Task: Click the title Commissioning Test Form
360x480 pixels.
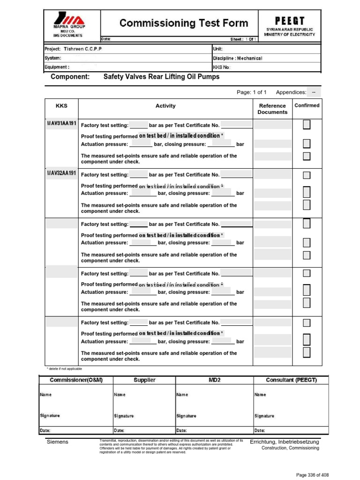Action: [184, 23]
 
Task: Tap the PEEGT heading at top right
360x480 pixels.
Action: [290, 21]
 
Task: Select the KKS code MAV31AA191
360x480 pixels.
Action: [61, 123]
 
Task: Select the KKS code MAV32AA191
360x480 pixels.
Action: [61, 173]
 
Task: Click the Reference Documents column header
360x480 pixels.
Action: [272, 109]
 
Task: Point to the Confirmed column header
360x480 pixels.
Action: [307, 105]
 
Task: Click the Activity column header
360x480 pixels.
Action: [165, 106]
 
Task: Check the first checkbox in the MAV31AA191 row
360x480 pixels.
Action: [307, 125]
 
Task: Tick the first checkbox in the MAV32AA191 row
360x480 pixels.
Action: [307, 175]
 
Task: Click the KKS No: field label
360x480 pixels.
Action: [222, 67]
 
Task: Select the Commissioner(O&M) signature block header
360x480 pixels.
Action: [75, 380]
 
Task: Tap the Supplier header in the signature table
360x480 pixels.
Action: [144, 380]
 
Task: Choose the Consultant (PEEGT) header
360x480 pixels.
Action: [291, 380]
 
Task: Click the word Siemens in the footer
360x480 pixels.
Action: [57, 442]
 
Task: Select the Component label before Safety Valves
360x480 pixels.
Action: [70, 76]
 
